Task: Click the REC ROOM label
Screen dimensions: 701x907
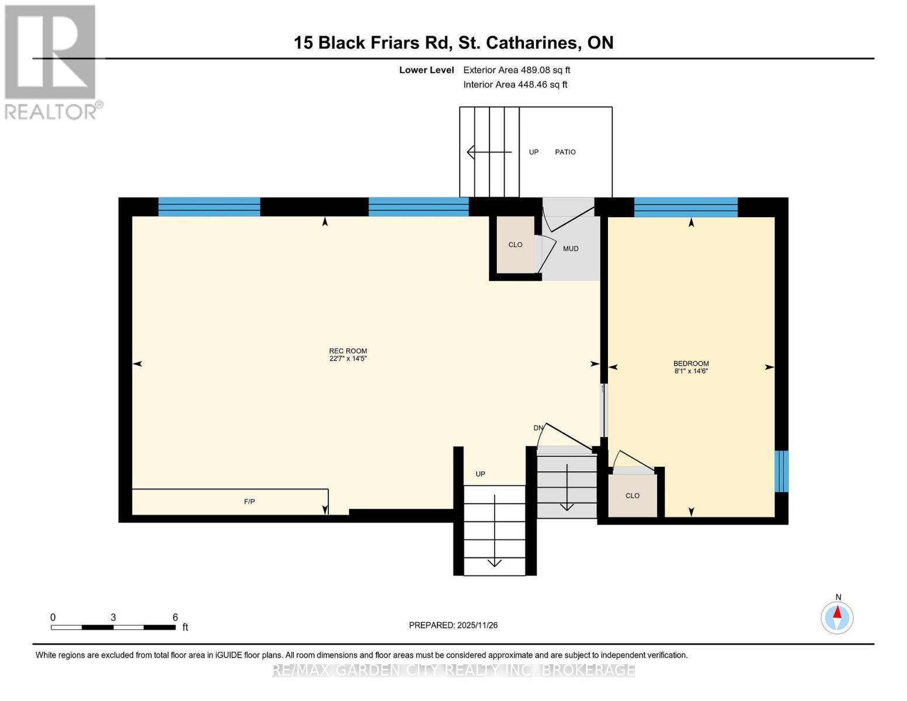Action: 347,351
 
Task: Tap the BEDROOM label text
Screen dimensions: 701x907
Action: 691,363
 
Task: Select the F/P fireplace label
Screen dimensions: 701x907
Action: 249,502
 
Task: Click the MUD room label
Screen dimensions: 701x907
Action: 571,249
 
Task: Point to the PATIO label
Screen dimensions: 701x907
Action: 565,152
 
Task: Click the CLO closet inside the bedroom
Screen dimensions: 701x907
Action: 633,496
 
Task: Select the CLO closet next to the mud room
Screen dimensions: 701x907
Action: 515,245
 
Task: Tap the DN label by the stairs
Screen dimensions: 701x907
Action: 538,428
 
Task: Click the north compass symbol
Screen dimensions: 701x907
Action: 837,617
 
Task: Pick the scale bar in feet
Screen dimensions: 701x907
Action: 113,627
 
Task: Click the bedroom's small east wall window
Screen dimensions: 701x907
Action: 781,471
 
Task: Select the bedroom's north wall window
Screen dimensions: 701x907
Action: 686,207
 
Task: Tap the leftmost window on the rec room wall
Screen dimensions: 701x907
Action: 209,207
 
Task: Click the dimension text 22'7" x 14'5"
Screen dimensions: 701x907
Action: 347,359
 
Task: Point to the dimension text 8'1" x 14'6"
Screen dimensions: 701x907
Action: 691,371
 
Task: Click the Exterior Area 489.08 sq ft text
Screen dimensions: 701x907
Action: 516,70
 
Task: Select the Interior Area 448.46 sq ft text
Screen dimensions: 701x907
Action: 515,85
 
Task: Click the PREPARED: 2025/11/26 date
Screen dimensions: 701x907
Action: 453,625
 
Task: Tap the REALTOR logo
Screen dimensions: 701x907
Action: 51,61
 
